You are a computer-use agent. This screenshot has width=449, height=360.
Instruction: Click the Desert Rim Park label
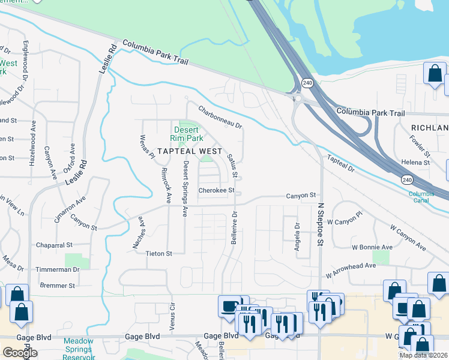coord(188,134)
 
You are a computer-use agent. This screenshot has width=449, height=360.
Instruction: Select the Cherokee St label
coord(217,191)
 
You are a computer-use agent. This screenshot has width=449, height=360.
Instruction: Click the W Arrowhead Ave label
coord(351,269)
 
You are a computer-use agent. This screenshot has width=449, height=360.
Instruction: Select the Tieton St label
coord(159,254)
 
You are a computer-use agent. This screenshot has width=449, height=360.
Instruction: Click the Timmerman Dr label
coord(58,270)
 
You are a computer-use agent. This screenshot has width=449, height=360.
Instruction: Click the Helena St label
coord(416,163)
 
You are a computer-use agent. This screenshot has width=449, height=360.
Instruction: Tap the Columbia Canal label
coord(421,197)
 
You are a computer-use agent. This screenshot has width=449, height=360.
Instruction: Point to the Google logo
coord(20,353)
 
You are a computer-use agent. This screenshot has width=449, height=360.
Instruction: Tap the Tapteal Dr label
coord(342,163)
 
